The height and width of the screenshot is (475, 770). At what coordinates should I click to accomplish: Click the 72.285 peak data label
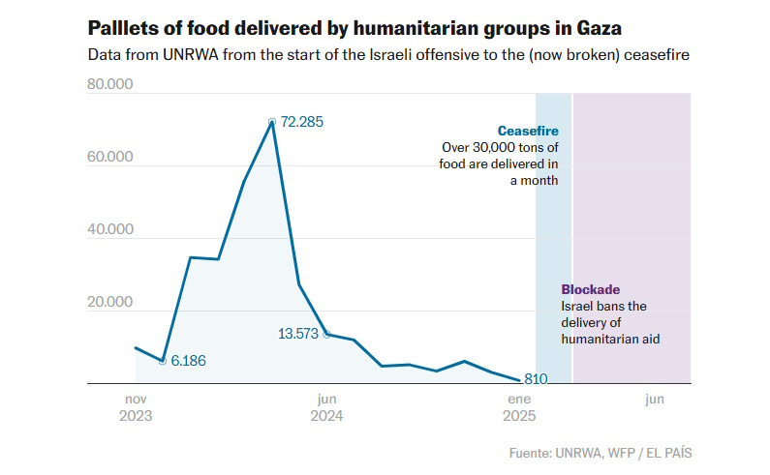(x=301, y=122)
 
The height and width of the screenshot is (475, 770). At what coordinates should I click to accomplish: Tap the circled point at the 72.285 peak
(x=272, y=122)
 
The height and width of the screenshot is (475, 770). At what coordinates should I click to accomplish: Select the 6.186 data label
(x=188, y=360)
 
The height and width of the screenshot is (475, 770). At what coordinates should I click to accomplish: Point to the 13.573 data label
(x=298, y=334)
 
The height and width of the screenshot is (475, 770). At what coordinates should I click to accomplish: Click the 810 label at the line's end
(x=537, y=378)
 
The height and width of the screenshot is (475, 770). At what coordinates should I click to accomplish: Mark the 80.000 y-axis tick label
(x=110, y=85)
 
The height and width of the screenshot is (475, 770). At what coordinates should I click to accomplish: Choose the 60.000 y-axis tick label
(x=110, y=158)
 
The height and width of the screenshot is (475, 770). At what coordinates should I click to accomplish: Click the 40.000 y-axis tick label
(x=110, y=230)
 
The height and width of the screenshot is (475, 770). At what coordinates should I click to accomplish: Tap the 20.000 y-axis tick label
(x=110, y=303)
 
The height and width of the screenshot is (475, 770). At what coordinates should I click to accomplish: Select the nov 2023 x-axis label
(x=135, y=407)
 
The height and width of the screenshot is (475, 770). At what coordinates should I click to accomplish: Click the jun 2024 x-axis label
(x=326, y=407)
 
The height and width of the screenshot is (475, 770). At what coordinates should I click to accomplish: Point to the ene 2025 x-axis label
(x=520, y=407)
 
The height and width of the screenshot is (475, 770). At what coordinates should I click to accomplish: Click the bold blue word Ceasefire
(x=528, y=131)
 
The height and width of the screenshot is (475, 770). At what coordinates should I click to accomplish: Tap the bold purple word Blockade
(x=590, y=289)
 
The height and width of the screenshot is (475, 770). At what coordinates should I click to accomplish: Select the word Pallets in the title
(x=121, y=26)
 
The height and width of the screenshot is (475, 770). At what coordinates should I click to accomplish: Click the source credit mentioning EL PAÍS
(x=601, y=453)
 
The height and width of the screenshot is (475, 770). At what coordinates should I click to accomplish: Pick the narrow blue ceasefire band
(x=553, y=242)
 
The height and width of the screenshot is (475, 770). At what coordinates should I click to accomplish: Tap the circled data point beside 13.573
(x=326, y=334)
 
